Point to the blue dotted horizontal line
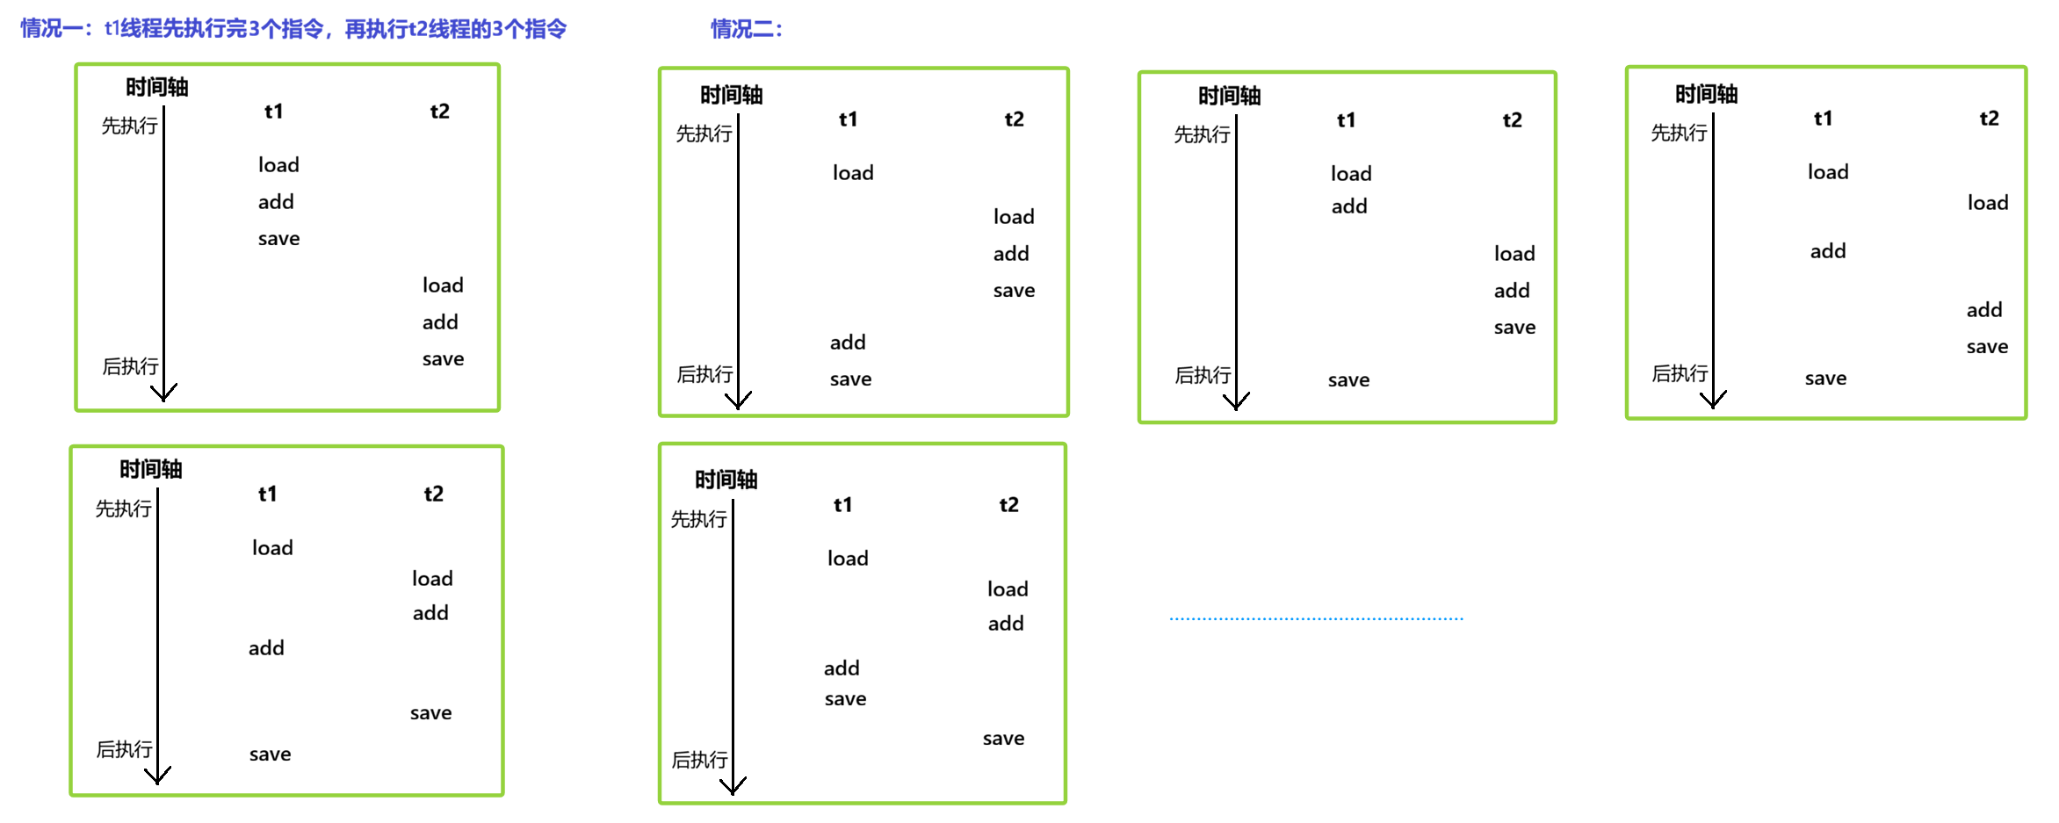point(1316,618)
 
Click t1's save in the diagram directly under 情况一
point(278,239)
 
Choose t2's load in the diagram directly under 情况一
point(443,285)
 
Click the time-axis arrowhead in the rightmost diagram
point(1713,400)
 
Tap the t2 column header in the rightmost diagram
point(1989,119)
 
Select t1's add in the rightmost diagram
point(1828,251)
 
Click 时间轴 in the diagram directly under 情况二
point(731,95)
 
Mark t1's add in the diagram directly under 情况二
point(848,343)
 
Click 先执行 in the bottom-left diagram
point(123,509)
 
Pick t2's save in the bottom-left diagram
point(430,713)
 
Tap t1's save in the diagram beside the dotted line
point(845,699)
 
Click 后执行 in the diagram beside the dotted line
point(699,760)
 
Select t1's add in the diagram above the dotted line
point(1349,206)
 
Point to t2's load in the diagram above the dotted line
point(1514,254)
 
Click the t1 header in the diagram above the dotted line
point(1346,120)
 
